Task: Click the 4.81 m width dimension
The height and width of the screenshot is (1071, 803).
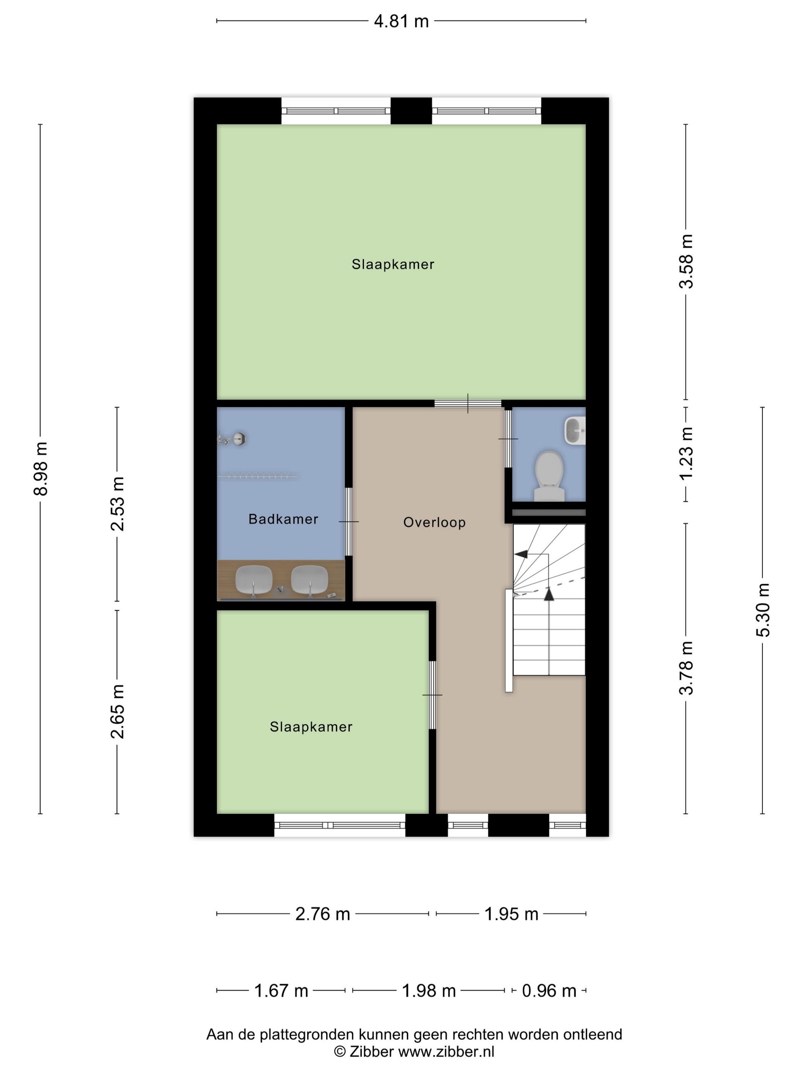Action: [x=401, y=21]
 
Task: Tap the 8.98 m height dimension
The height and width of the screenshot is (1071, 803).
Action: [x=41, y=468]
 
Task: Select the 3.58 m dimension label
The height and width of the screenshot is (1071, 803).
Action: [x=686, y=262]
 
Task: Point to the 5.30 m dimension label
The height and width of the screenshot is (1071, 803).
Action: [x=763, y=610]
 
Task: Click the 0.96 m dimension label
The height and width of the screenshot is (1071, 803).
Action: [x=549, y=991]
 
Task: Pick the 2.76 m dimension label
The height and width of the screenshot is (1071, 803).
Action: [x=322, y=914]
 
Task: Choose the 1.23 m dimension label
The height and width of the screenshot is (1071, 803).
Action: [x=686, y=454]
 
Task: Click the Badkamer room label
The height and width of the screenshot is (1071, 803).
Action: [x=283, y=519]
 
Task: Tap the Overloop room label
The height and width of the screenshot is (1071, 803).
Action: [x=434, y=522]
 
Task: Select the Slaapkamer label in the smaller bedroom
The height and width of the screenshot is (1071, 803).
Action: [x=311, y=727]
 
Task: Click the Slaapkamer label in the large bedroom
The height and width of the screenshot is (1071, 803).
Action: [x=393, y=264]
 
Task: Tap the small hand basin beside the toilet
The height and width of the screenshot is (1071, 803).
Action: [x=575, y=430]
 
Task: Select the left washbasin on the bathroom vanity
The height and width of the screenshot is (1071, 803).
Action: [x=254, y=579]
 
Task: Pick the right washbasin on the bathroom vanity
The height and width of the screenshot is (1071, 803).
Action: [x=309, y=579]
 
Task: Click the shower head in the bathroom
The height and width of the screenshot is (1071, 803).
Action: [x=239, y=439]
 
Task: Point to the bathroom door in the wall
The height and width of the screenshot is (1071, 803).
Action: [x=348, y=521]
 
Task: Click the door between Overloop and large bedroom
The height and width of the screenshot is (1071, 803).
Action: [x=468, y=403]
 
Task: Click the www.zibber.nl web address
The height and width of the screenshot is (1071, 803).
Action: [x=446, y=1051]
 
